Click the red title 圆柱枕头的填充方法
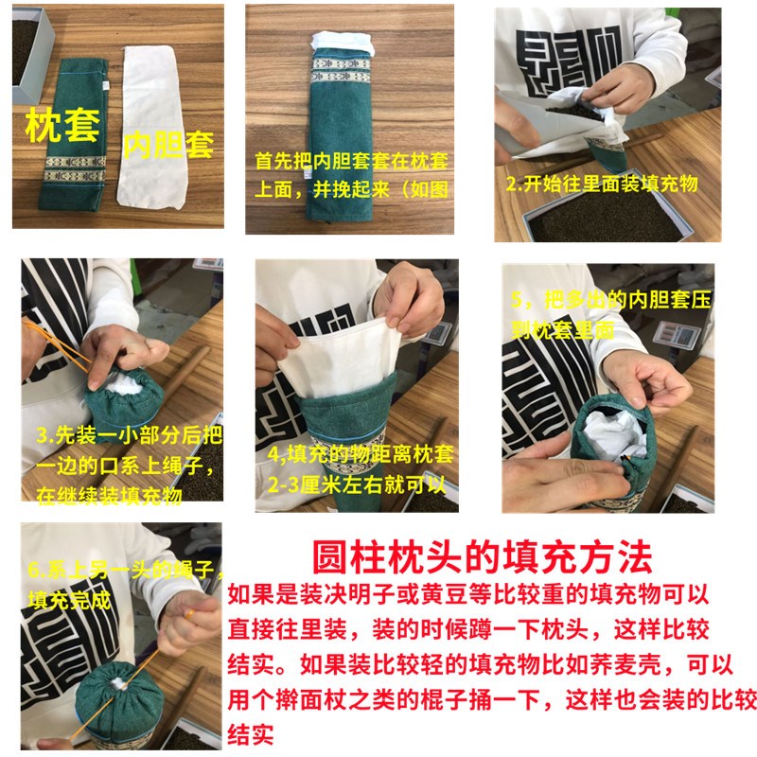482,555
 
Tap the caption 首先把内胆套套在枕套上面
344,174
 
